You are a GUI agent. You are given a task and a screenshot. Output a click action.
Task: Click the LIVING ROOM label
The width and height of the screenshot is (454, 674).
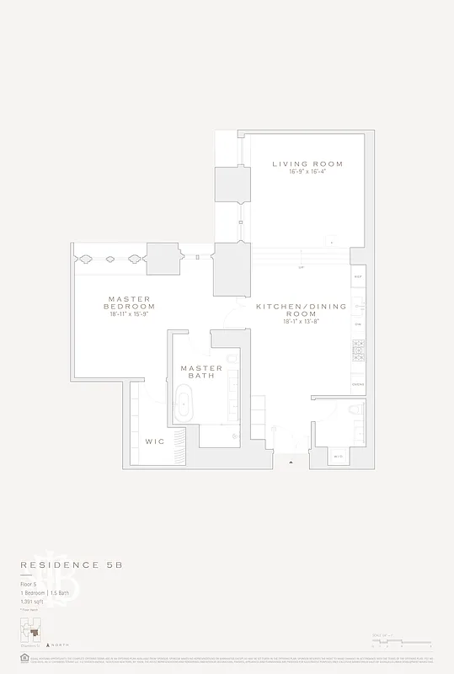point(307,163)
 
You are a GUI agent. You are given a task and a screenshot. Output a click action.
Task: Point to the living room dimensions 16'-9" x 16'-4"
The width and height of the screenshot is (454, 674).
point(307,173)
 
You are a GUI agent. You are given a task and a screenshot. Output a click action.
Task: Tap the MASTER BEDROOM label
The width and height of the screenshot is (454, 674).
point(129,302)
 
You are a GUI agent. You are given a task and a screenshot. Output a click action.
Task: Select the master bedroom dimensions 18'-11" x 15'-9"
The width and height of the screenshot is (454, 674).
point(129,314)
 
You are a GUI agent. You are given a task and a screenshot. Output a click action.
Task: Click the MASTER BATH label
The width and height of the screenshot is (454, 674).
point(201,372)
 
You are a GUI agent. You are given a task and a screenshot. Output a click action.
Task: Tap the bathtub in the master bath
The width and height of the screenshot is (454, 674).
point(183,404)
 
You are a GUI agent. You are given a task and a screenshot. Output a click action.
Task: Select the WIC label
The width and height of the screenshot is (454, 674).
point(154,441)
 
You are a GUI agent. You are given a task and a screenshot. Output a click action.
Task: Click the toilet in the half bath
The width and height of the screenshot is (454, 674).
point(354,411)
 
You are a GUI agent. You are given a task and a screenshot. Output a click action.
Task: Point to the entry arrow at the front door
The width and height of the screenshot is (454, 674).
point(291,463)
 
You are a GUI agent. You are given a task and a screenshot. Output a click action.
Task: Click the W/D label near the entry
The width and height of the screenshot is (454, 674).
point(338,457)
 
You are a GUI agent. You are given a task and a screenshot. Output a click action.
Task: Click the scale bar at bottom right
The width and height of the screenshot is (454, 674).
point(401,643)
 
